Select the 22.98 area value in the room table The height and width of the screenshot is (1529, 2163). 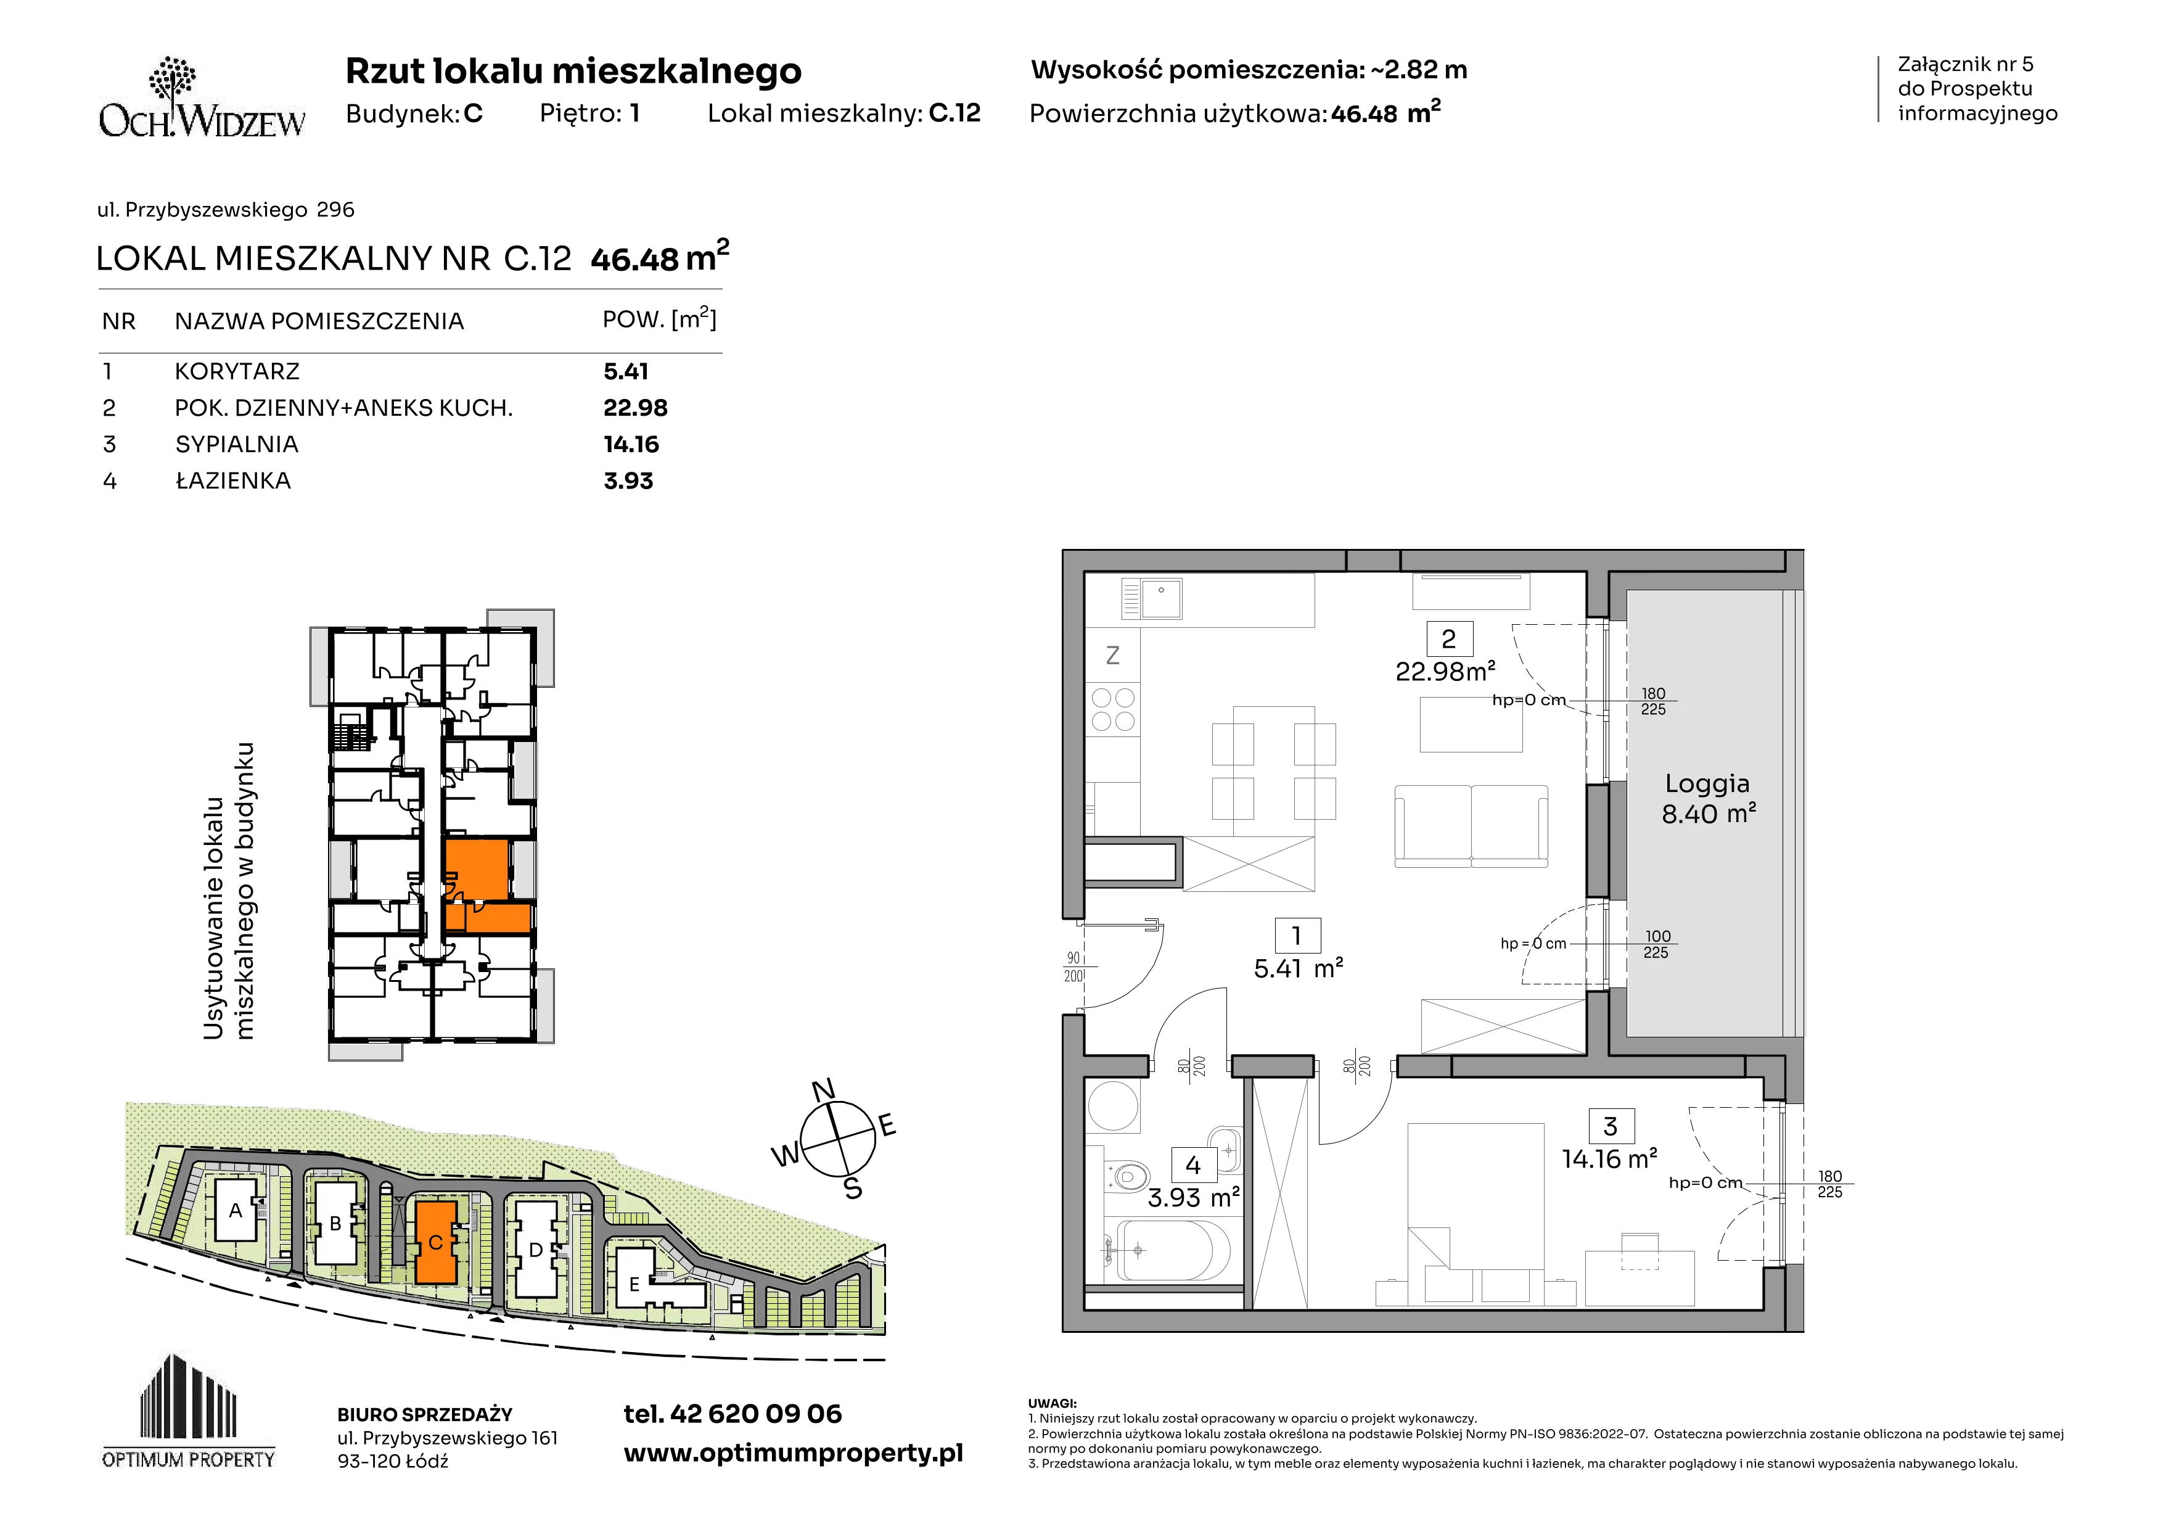pyautogui.click(x=636, y=408)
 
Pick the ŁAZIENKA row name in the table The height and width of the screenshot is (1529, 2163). pyautogui.click(x=232, y=480)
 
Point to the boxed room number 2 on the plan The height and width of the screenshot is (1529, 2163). pyautogui.click(x=1449, y=639)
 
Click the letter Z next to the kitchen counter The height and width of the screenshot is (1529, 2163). pyautogui.click(x=1112, y=655)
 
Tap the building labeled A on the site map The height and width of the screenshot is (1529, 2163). pyautogui.click(x=236, y=1210)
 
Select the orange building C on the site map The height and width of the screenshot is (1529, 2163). pyautogui.click(x=436, y=1242)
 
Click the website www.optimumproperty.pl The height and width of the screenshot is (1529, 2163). pyautogui.click(x=793, y=1454)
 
